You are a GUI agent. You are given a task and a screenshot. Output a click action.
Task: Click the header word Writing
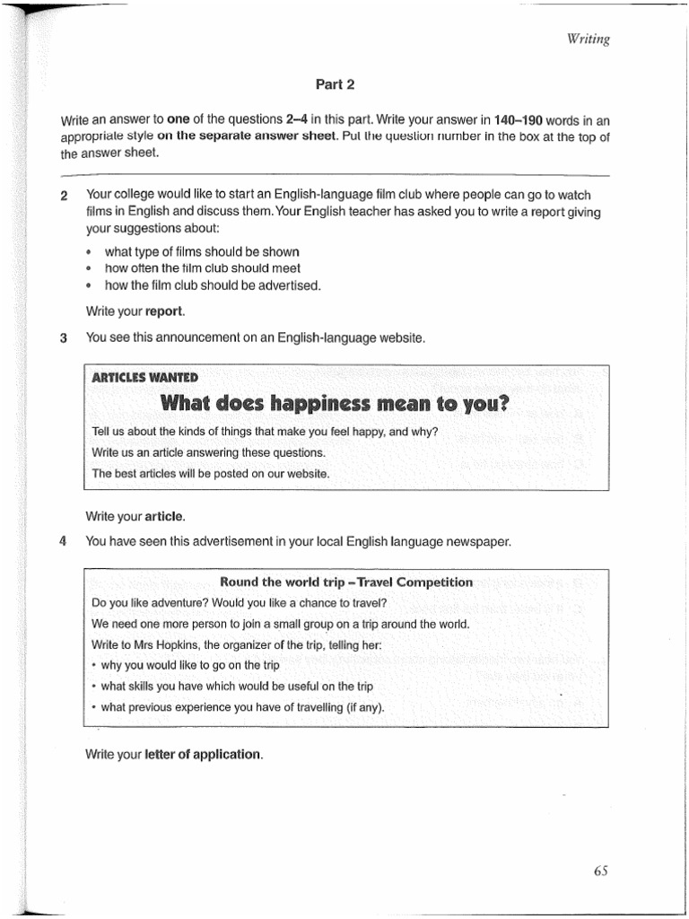click(589, 39)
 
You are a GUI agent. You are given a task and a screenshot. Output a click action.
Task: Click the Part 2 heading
click(336, 84)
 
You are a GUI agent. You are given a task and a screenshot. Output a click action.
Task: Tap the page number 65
click(600, 870)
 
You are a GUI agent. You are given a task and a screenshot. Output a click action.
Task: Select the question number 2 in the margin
click(64, 196)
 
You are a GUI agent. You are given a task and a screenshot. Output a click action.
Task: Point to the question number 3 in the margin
click(64, 338)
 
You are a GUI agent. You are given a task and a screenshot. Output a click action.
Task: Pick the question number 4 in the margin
click(64, 541)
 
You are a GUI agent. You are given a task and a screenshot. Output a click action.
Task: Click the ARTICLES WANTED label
click(145, 377)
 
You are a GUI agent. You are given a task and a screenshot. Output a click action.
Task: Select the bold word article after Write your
click(164, 516)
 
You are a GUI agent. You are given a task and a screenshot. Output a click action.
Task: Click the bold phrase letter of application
click(204, 754)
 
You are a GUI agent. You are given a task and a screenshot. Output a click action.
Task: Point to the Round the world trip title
click(346, 582)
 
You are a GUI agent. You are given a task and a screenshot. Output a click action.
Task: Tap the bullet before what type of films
click(90, 253)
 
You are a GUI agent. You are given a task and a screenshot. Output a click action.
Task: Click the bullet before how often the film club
click(90, 269)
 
